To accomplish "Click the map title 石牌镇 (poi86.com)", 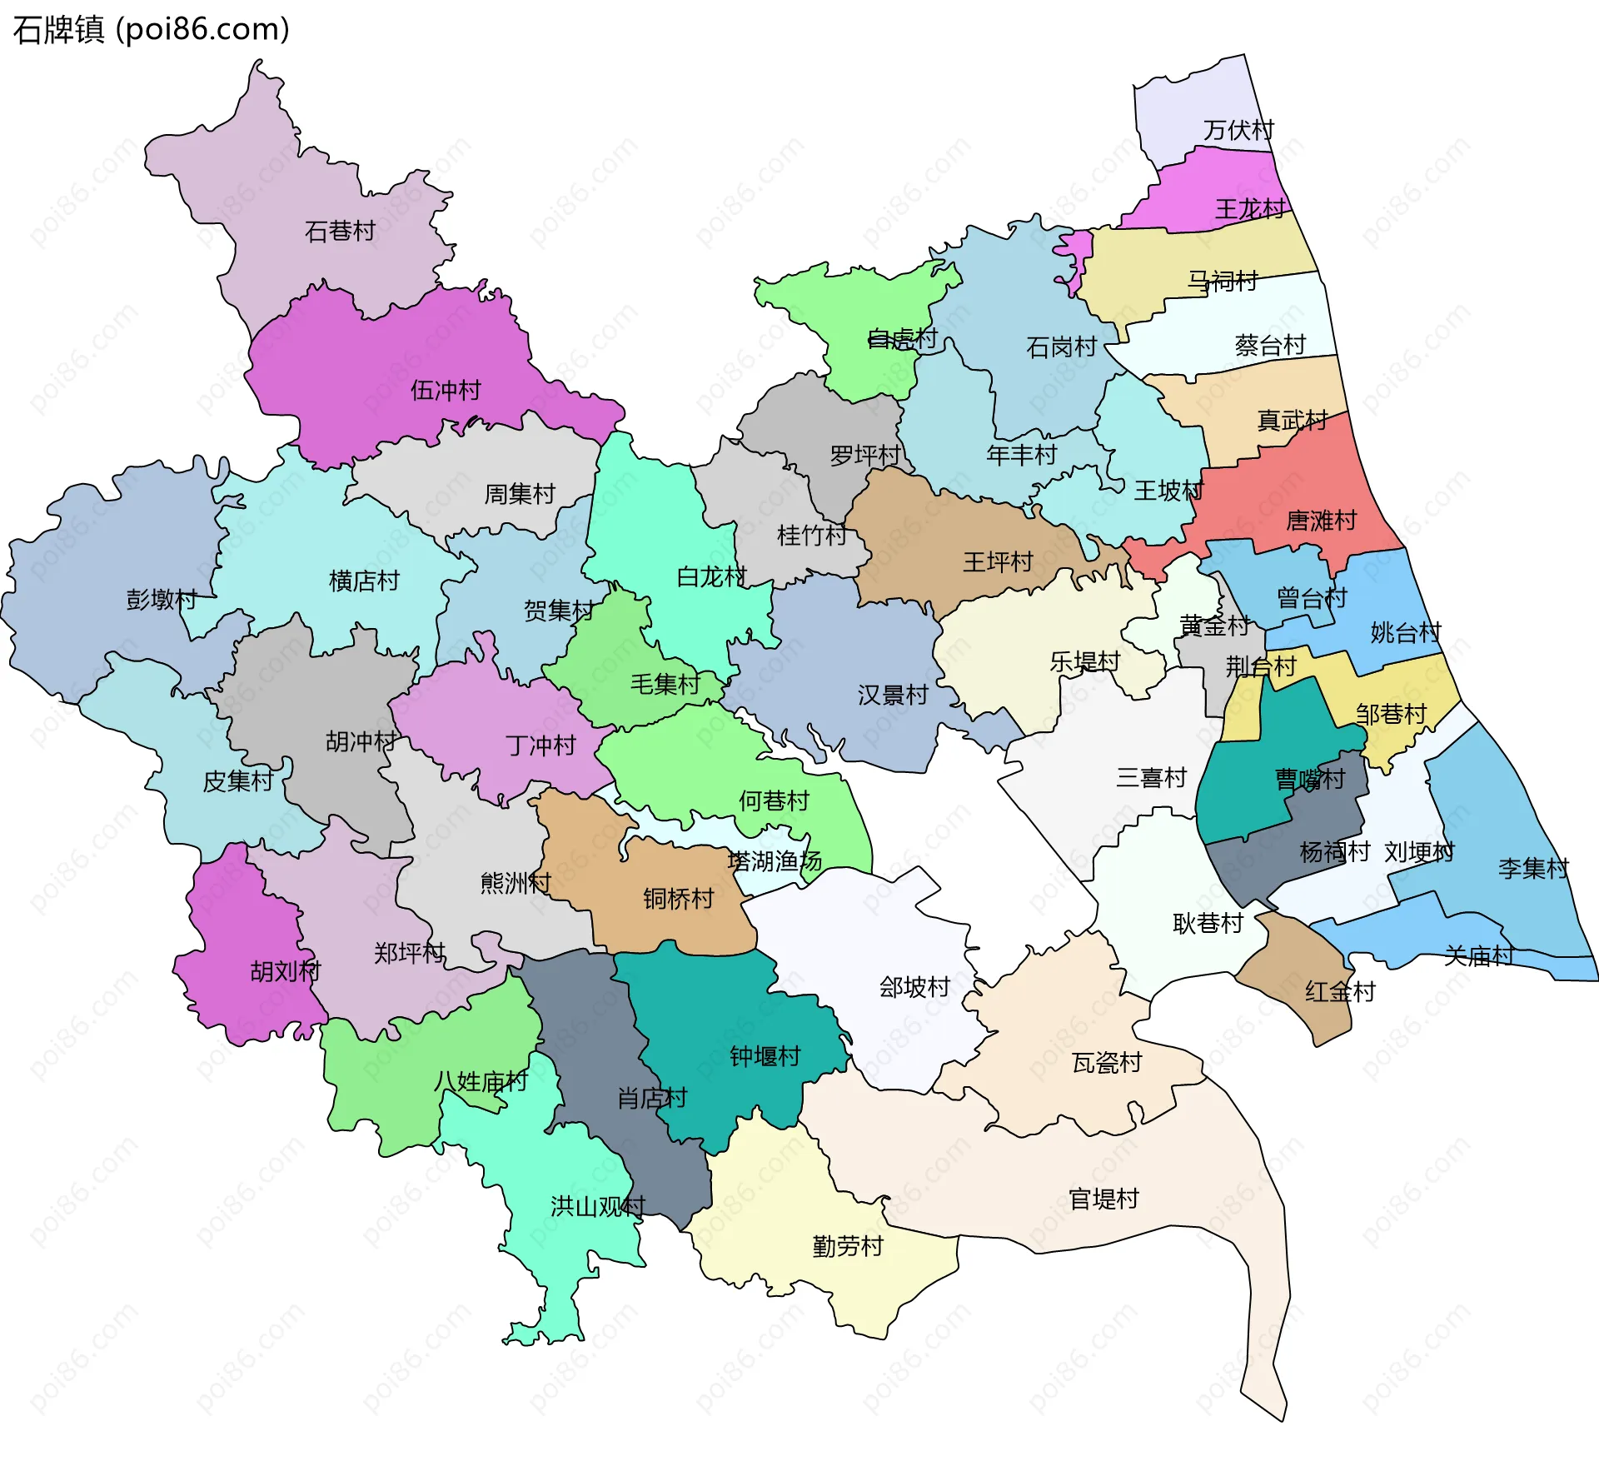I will pyautogui.click(x=151, y=30).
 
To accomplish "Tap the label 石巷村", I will pyautogui.click(x=340, y=231).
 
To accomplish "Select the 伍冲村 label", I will pyautogui.click(x=446, y=390).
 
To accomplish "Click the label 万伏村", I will pyautogui.click(x=1238, y=130).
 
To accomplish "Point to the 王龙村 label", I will pyautogui.click(x=1250, y=208).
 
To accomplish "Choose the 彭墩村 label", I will pyautogui.click(x=162, y=599).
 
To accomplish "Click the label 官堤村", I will pyautogui.click(x=1103, y=1199).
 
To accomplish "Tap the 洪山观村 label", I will pyautogui.click(x=598, y=1206).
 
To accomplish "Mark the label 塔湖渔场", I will pyautogui.click(x=775, y=860).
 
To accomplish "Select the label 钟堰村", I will pyautogui.click(x=765, y=1056).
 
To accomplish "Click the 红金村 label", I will pyautogui.click(x=1340, y=991).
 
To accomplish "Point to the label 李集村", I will pyautogui.click(x=1533, y=868).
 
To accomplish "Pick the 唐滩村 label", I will pyautogui.click(x=1321, y=521).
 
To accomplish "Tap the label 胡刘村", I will pyautogui.click(x=286, y=970).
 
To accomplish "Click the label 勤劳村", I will pyautogui.click(x=848, y=1246).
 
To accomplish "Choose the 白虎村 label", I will pyautogui.click(x=902, y=338).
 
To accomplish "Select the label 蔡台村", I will pyautogui.click(x=1270, y=345).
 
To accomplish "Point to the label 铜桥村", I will pyautogui.click(x=679, y=898).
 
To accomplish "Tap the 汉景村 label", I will pyautogui.click(x=893, y=695).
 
